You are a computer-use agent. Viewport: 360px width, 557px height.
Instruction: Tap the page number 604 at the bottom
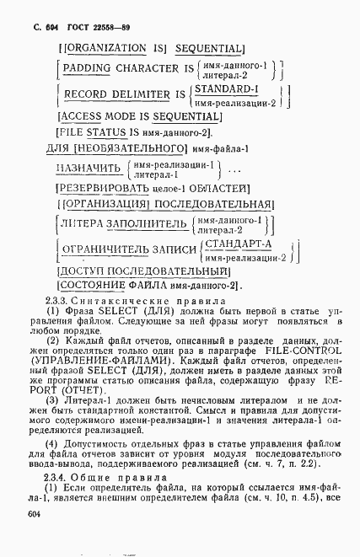[35, 513]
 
